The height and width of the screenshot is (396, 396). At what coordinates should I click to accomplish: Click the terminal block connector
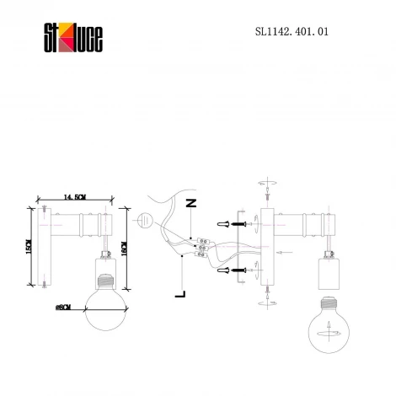200,248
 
